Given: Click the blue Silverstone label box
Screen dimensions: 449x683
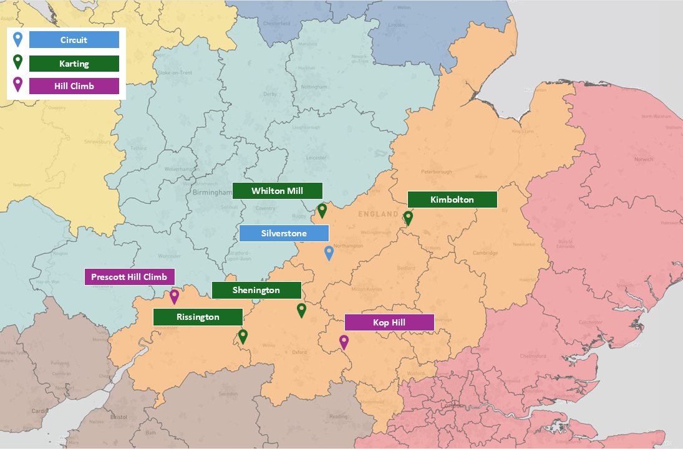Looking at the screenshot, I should pos(284,233).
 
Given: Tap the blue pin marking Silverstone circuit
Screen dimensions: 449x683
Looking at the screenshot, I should pos(329,253).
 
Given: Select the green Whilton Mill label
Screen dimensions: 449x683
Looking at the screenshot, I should pos(277,191).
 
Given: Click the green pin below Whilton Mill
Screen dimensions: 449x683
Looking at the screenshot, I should pos(322,210).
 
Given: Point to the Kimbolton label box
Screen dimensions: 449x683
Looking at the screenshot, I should pos(452,200).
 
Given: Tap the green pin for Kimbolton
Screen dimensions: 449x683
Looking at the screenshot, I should pos(408,217).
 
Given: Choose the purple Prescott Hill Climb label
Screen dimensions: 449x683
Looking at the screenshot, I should pos(130,277).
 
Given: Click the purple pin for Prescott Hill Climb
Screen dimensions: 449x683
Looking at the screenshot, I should pos(175,296).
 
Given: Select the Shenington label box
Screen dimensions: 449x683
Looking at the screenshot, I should pos(256,290).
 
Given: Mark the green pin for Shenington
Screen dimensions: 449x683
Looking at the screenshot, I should pos(301,309).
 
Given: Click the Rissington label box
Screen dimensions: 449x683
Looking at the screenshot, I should pos(198,317).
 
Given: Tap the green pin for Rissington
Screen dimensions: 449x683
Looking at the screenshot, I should pos(243,336).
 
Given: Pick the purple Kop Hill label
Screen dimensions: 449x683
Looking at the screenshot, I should pos(389,322).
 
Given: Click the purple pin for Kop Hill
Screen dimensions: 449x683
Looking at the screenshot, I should pos(344,341).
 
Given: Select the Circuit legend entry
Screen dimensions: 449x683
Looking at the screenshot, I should pos(74,40).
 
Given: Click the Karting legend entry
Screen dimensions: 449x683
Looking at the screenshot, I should pos(74,64).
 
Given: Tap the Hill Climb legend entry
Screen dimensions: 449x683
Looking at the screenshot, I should pos(74,86).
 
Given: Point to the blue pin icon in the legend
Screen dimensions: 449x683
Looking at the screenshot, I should pos(18,39).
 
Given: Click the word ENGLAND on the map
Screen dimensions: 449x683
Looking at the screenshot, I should pos(377,215).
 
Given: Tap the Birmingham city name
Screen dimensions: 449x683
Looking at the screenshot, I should pos(212,193).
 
